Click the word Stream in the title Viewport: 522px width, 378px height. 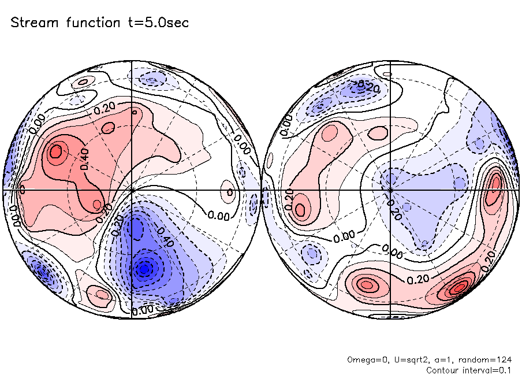33,23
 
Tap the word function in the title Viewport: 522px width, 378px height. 89,23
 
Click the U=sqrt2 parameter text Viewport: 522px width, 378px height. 404,360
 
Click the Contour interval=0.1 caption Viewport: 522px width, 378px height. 469,370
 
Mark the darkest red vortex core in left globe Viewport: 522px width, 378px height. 56,153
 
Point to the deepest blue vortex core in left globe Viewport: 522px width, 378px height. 145,268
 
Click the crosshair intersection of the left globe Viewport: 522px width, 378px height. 132,190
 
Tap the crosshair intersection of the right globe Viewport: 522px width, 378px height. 390,190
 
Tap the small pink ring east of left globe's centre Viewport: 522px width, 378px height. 230,191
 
